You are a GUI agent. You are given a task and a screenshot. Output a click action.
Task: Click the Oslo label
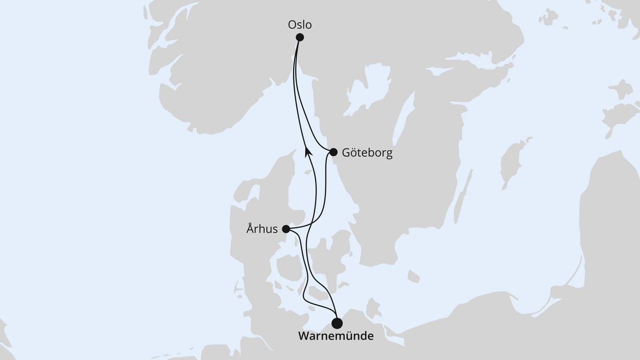click(x=300, y=25)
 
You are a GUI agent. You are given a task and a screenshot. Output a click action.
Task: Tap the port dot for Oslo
click(x=300, y=37)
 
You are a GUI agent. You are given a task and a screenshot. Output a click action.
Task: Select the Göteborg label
click(x=367, y=153)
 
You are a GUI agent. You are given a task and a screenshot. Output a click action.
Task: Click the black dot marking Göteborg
click(x=334, y=152)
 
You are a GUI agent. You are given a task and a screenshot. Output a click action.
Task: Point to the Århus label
click(x=262, y=229)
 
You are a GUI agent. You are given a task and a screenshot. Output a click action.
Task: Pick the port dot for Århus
click(x=286, y=229)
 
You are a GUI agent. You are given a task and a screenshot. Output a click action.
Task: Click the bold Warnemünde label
click(x=336, y=337)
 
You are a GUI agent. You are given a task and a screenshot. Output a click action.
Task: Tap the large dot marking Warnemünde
click(x=337, y=323)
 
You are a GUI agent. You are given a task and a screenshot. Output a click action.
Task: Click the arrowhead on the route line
click(x=307, y=151)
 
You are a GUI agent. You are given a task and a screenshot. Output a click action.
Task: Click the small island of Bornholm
click(x=413, y=276)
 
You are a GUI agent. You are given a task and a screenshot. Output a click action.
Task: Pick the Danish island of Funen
click(x=289, y=267)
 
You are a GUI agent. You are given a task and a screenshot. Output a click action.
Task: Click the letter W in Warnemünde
click(x=303, y=337)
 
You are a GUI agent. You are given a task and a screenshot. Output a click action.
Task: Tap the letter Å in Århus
click(x=250, y=228)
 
